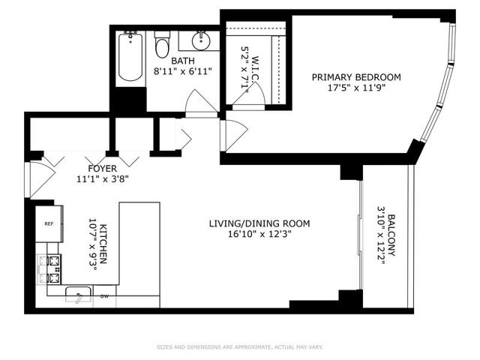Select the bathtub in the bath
130,56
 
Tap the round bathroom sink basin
201,40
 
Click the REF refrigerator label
49,223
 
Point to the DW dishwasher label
105,296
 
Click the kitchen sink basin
79,294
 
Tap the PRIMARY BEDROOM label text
356,77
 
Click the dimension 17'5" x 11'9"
356,88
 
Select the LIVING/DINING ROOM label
259,223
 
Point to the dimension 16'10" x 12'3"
259,234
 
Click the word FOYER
103,168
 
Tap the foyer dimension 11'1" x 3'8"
102,179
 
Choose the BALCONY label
391,235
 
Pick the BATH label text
183,61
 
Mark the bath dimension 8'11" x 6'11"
183,72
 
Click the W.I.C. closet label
255,69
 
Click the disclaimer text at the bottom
240,346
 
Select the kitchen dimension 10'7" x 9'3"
93,244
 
